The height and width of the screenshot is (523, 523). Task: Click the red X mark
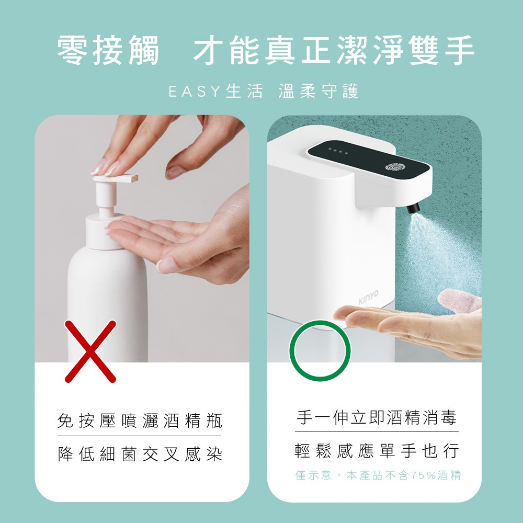90,350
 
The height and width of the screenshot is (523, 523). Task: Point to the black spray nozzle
414,209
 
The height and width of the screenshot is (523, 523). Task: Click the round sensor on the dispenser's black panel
395,167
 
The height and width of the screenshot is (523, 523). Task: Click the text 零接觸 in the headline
108,51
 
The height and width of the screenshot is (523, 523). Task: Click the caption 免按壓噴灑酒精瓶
140,420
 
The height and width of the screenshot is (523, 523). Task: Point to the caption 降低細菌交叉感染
140,453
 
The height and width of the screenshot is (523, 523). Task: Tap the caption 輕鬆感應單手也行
377,450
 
